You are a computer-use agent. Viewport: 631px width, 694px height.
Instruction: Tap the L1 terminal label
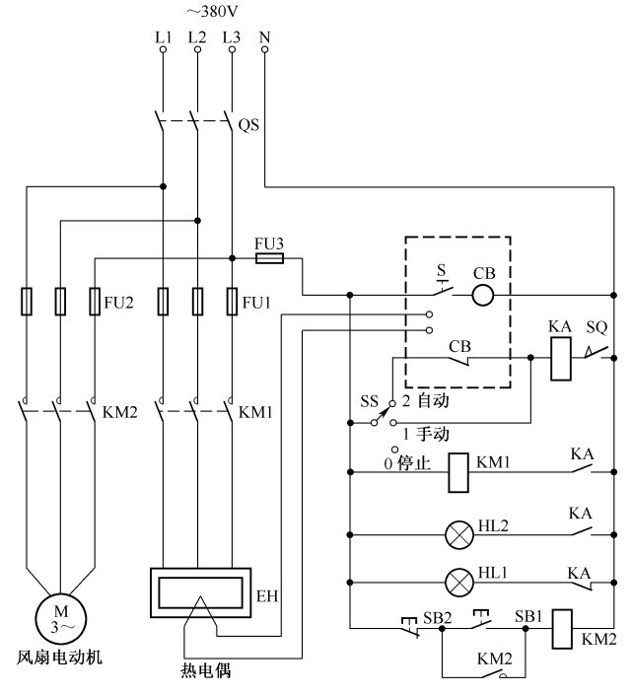tap(163, 37)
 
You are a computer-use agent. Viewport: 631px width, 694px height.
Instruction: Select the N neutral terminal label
tap(264, 37)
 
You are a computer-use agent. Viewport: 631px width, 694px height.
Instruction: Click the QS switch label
tap(250, 126)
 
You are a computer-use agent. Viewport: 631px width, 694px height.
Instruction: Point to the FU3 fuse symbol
tap(269, 258)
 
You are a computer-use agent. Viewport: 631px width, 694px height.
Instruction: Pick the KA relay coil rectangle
tap(558, 358)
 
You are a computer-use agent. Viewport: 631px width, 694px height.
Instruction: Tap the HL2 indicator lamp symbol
tap(459, 535)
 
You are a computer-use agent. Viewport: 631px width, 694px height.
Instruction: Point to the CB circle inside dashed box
tap(482, 294)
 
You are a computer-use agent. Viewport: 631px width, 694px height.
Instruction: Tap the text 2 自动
tap(421, 403)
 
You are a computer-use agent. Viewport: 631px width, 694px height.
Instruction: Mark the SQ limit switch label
tap(597, 325)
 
